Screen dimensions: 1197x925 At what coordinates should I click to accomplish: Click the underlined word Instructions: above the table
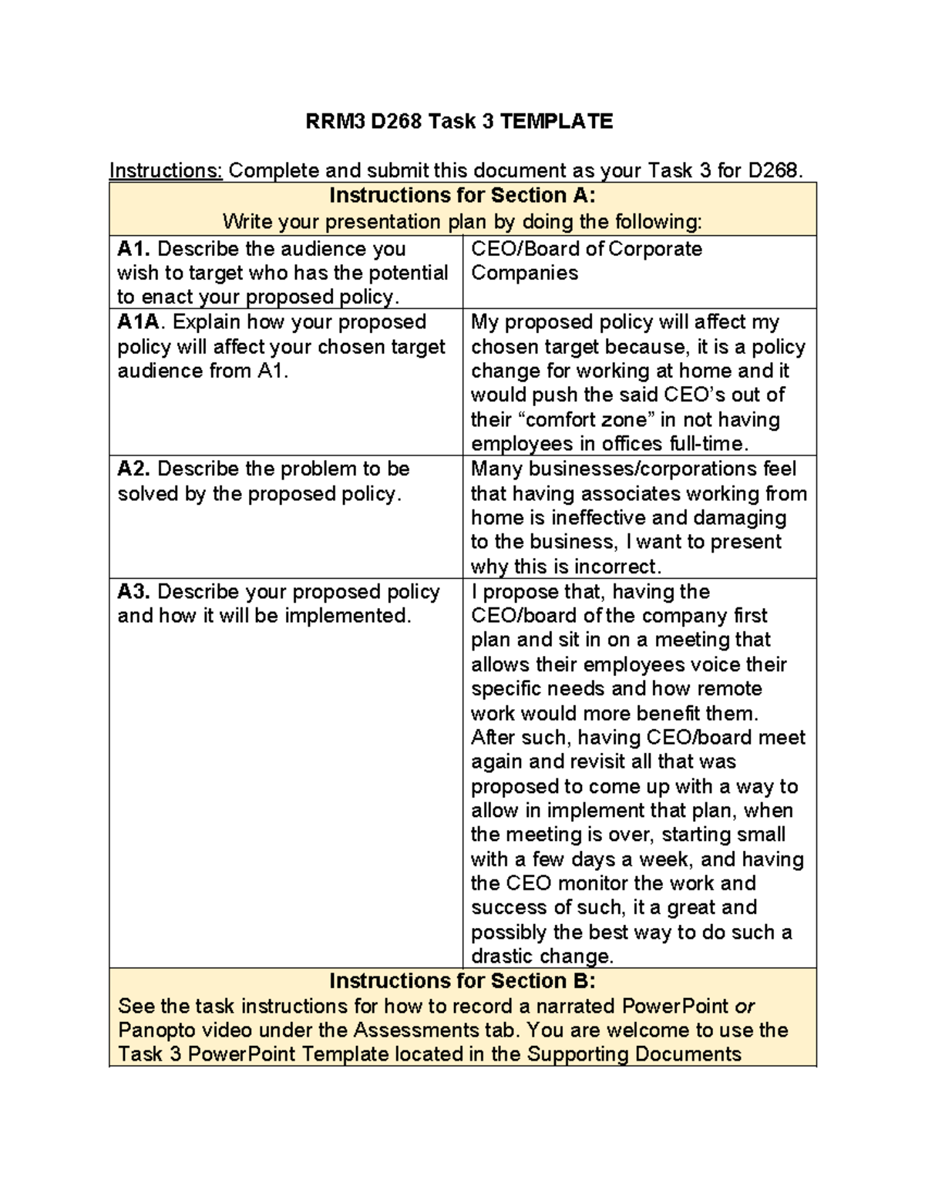click(166, 170)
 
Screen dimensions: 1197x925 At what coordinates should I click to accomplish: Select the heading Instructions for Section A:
click(462, 195)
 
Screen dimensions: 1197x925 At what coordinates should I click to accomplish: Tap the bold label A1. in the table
click(134, 249)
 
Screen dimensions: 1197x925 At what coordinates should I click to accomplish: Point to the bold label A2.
click(134, 469)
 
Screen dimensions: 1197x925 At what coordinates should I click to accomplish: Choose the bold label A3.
click(134, 592)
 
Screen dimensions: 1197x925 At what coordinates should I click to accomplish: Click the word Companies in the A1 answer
click(524, 273)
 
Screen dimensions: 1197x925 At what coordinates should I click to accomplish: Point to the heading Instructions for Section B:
click(462, 981)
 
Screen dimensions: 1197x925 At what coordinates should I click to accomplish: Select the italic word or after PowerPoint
click(744, 1007)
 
